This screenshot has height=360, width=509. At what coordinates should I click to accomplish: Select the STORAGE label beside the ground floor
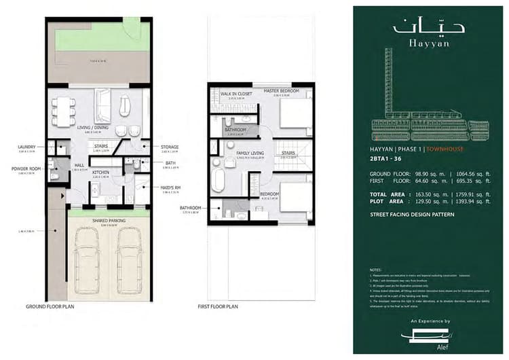pos(170,146)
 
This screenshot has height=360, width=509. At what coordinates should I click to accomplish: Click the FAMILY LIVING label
pos(250,154)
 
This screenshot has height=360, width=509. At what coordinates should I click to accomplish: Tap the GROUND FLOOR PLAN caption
pos(50,307)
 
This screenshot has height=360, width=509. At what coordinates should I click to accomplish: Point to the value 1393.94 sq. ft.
pos(476,202)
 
